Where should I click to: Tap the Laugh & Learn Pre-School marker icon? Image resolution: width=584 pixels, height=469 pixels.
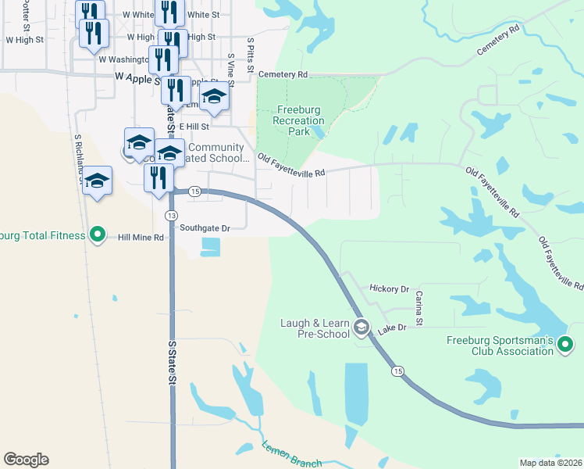coord(361,328)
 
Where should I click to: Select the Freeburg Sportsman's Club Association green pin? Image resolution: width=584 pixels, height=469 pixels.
coord(566,344)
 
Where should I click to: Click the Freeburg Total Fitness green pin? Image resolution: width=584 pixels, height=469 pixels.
coord(98,234)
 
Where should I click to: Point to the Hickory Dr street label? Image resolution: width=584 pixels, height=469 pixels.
coord(390,289)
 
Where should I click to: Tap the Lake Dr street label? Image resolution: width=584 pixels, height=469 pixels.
coord(393,329)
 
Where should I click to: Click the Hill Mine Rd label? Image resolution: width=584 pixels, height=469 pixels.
coord(141,237)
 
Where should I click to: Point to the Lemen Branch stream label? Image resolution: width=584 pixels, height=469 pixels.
coord(292,453)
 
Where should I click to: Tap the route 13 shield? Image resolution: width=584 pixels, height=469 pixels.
coord(172,215)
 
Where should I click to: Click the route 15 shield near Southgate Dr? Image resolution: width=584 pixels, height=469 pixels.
coord(195,192)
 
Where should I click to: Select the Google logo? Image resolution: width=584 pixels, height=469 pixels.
coord(26,460)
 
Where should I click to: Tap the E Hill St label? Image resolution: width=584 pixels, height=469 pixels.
coord(194,126)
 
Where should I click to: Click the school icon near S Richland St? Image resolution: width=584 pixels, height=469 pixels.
coord(98,181)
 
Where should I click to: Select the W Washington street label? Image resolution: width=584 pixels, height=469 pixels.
coord(123,59)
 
